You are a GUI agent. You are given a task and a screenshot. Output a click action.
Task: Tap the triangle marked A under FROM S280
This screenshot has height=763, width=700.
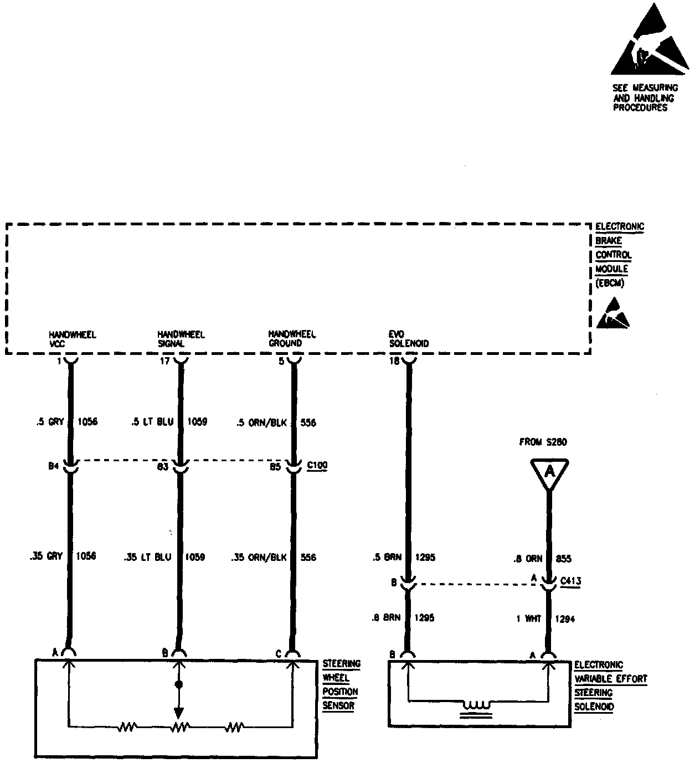[549, 472]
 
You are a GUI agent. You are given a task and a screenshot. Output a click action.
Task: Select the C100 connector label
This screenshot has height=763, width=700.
[317, 466]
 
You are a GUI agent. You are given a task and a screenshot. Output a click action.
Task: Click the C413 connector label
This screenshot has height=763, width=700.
[570, 581]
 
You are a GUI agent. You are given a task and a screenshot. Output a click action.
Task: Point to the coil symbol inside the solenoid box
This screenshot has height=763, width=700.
[477, 706]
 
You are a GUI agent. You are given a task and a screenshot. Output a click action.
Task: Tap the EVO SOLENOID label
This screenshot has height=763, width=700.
[409, 339]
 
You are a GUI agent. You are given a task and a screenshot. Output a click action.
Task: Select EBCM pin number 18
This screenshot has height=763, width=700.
[394, 361]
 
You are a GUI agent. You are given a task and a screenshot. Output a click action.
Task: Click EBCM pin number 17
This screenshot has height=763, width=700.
[164, 361]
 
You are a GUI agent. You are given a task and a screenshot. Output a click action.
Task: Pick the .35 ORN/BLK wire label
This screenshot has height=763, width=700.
[259, 557]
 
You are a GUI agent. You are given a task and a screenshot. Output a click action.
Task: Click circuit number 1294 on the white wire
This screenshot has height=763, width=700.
[565, 618]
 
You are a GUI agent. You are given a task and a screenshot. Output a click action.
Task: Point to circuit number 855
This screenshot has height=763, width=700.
[563, 559]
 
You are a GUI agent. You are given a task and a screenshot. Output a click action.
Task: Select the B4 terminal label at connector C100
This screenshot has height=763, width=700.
[53, 466]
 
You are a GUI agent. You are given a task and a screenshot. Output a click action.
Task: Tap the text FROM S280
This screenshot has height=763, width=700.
[543, 442]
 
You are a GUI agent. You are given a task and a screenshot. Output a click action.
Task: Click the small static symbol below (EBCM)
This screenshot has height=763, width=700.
[612, 314]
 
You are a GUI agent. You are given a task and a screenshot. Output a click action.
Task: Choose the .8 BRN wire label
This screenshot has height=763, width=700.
[387, 618]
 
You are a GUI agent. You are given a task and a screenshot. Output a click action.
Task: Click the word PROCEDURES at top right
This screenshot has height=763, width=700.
[640, 108]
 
